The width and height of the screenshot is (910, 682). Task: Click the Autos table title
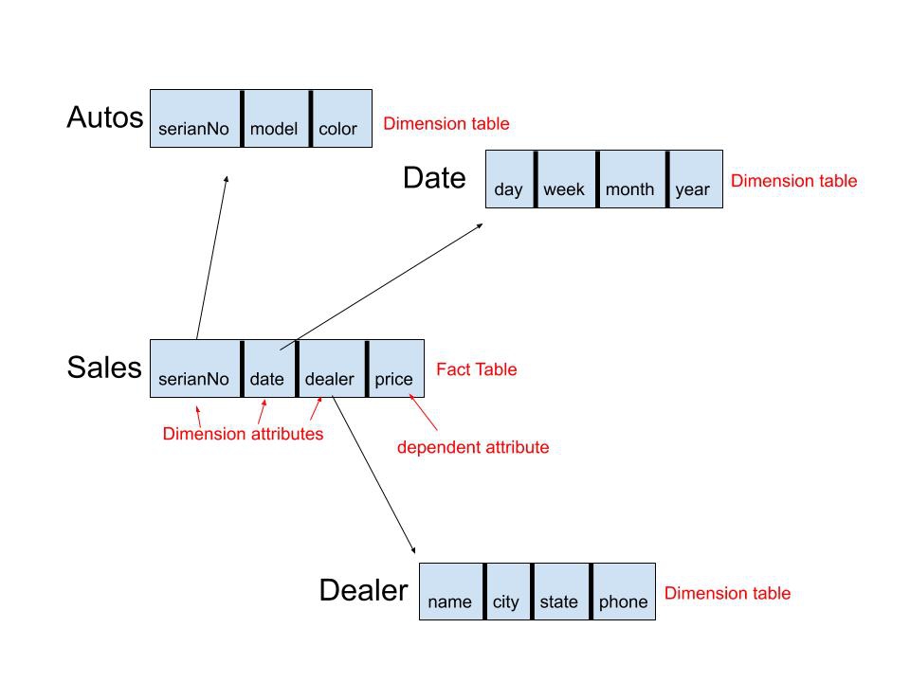tap(105, 117)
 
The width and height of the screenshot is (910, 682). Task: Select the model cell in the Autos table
tap(276, 118)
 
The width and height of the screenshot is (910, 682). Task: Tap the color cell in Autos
tap(342, 118)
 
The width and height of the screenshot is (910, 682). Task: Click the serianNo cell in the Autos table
tap(195, 118)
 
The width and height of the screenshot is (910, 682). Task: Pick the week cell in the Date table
tap(567, 179)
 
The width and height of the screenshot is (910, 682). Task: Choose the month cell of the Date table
tap(632, 179)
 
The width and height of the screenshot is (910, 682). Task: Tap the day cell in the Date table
tap(510, 179)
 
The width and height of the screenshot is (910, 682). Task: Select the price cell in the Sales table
tap(397, 368)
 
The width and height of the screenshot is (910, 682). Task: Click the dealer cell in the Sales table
tap(332, 368)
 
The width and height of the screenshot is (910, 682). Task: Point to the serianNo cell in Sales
tap(195, 368)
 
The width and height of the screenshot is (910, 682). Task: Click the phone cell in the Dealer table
tap(625, 591)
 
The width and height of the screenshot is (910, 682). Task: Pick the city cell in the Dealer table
tap(508, 591)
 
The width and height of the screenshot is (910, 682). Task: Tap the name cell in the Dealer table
tap(451, 591)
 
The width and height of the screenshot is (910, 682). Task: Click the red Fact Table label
tap(477, 369)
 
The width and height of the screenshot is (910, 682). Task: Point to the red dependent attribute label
tap(473, 447)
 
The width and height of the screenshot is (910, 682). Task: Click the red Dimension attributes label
tap(243, 434)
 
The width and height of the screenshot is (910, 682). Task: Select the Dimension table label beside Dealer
tap(727, 593)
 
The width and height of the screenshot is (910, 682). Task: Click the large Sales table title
tap(104, 368)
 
